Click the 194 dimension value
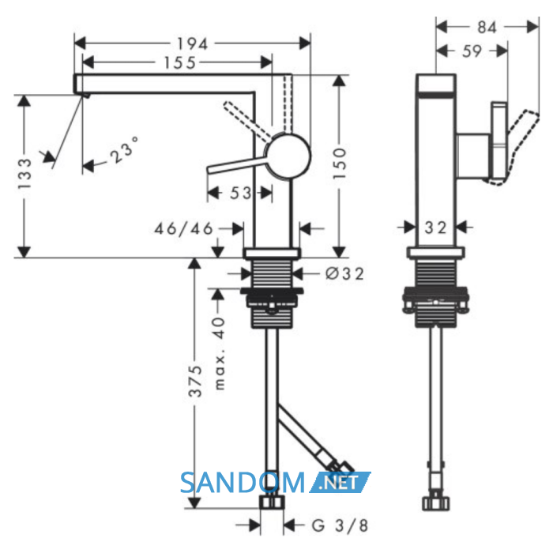click(193, 44)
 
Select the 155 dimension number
click(180, 62)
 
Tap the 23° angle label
click(123, 151)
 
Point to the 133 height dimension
click(24, 174)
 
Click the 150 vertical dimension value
click(340, 164)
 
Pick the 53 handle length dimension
click(240, 193)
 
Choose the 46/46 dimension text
click(184, 228)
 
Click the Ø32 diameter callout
click(344, 273)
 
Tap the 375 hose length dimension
click(195, 382)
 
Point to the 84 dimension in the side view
click(487, 27)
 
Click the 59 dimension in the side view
click(472, 51)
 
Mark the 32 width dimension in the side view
click(435, 228)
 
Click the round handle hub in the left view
click(288, 156)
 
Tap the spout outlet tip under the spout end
click(86, 96)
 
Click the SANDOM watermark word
click(243, 483)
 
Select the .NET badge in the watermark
click(339, 482)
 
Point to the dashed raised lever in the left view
click(249, 121)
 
